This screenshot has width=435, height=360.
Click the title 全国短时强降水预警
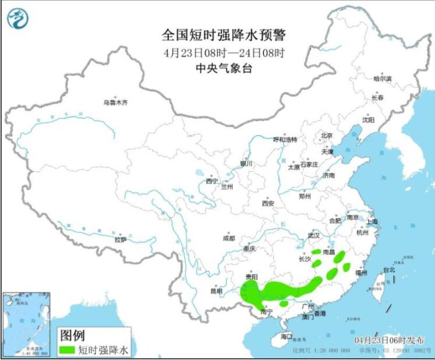(224, 36)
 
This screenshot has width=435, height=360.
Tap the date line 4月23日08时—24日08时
(224, 52)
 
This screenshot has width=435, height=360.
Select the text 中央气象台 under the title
(224, 68)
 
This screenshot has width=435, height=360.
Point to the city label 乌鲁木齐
(115, 103)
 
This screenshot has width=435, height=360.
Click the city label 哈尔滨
(383, 78)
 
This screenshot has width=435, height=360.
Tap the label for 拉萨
(120, 239)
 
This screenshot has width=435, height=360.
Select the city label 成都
(228, 238)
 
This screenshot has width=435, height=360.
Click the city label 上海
(372, 222)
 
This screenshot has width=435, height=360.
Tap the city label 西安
(267, 203)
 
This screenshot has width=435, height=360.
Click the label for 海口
(285, 337)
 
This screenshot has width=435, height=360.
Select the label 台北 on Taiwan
(388, 270)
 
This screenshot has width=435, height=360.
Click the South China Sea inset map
(26, 323)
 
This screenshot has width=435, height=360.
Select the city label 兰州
(227, 187)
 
